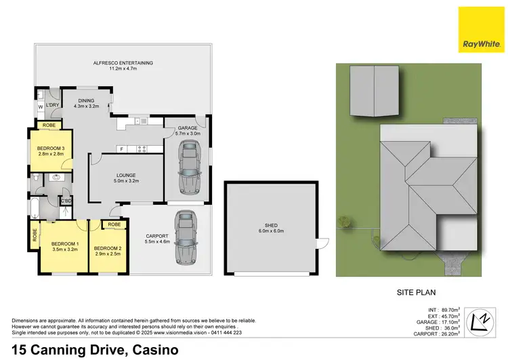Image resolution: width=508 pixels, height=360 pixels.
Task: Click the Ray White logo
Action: tap(481, 30)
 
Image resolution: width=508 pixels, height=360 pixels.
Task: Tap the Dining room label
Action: tap(85, 103)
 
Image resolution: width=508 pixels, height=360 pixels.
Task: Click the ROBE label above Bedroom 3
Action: tap(49, 125)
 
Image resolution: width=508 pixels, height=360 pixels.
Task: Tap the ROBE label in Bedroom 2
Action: tap(114, 224)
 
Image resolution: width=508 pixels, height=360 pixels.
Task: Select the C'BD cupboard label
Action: tap(66, 201)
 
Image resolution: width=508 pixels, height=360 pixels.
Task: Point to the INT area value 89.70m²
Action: tap(449, 309)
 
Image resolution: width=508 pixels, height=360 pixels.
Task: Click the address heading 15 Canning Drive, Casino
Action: tap(94, 350)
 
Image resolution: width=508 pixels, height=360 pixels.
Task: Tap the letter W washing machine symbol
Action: tap(40, 106)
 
